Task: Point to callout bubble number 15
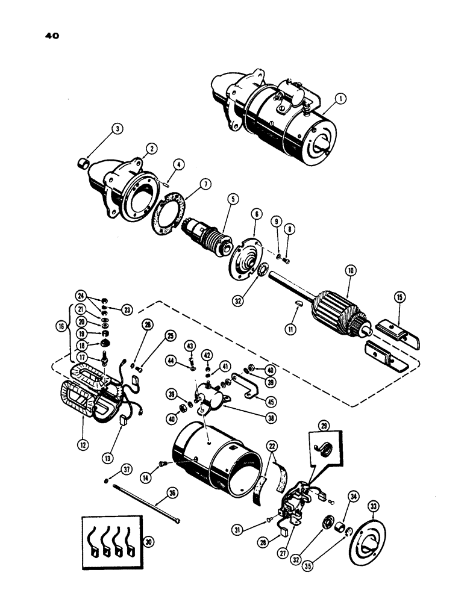(398, 297)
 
